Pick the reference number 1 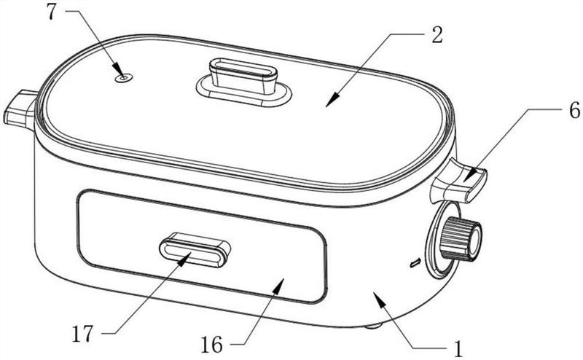point(458,348)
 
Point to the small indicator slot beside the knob point(415,261)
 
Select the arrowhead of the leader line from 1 point(375,293)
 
